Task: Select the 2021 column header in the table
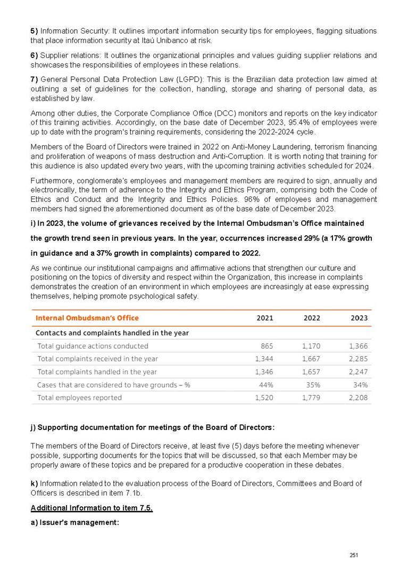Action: coord(265,318)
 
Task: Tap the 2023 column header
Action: coord(359,318)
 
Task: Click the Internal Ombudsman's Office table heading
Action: coord(87,318)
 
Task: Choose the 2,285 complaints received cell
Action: coord(358,359)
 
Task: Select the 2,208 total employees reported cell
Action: coord(358,398)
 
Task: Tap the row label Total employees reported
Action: coord(79,398)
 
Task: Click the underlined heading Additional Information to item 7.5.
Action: coord(91,508)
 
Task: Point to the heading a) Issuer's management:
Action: coord(74,523)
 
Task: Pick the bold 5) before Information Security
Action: coord(34,31)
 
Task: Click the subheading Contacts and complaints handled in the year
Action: coord(112,333)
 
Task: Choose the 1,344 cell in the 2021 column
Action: coord(264,359)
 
